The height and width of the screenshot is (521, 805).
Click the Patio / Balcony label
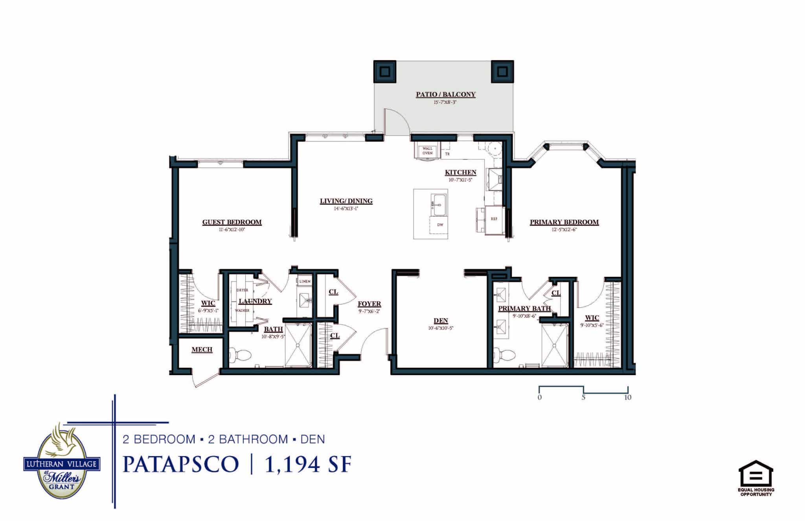tap(446, 94)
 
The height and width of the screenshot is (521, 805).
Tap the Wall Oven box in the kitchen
tap(427, 151)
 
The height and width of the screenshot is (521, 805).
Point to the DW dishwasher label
tap(440, 225)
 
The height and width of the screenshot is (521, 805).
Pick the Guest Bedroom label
tap(232, 222)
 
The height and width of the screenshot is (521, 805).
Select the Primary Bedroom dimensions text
tap(564, 230)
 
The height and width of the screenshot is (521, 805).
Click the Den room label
tap(441, 321)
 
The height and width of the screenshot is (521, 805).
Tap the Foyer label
tap(369, 304)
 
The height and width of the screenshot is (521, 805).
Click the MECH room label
tap(202, 350)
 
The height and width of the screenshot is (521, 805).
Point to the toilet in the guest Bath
tap(239, 355)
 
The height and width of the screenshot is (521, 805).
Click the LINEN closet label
tap(305, 282)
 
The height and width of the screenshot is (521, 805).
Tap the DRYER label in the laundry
tap(242, 290)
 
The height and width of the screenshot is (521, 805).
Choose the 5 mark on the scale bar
tap(583, 397)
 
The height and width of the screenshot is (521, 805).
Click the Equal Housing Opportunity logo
tap(756, 478)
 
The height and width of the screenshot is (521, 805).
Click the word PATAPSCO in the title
tap(181, 464)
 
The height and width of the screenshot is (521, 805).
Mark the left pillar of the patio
tap(385, 71)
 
